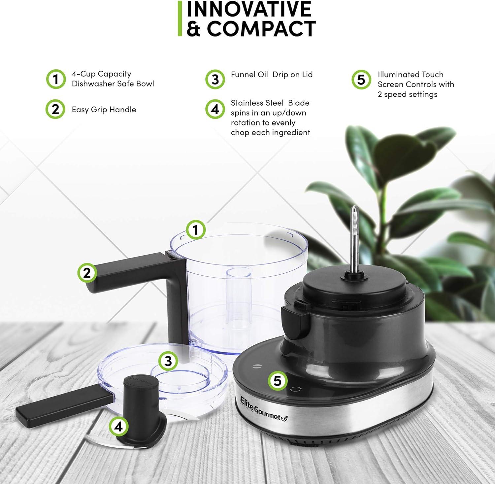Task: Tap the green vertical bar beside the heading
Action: click(180, 18)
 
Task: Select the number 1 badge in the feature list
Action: click(56, 79)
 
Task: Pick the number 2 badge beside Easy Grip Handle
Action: click(55, 109)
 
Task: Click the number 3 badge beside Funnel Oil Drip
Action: click(215, 79)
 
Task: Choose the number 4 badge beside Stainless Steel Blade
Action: click(215, 109)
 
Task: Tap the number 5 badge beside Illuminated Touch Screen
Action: click(361, 80)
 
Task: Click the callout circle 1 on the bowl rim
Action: click(196, 230)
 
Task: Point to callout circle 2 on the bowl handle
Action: click(87, 273)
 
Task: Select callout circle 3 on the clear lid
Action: click(168, 361)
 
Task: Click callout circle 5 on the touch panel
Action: click(278, 381)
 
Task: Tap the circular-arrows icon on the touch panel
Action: click(294, 389)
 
